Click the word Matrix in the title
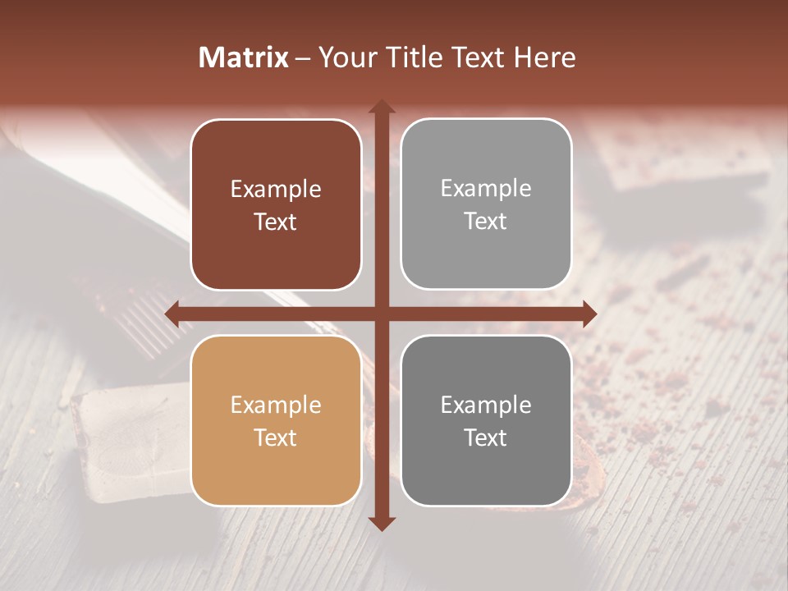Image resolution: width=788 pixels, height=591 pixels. pyautogui.click(x=244, y=57)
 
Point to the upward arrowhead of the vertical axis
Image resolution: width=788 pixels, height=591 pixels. pyautogui.click(x=382, y=107)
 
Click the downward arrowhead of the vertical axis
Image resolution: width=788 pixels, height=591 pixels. pyautogui.click(x=382, y=523)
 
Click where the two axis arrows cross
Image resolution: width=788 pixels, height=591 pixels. pyautogui.click(x=382, y=314)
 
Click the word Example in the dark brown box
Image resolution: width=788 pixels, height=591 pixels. pyautogui.click(x=276, y=190)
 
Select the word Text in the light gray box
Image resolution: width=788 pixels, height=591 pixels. pyautogui.click(x=486, y=222)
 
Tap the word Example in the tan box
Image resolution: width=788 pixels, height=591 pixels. pyautogui.click(x=276, y=405)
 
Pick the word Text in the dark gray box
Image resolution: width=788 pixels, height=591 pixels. pyautogui.click(x=486, y=438)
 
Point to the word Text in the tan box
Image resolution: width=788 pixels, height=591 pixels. pyautogui.click(x=276, y=438)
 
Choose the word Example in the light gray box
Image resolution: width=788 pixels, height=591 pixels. pyautogui.click(x=486, y=189)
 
